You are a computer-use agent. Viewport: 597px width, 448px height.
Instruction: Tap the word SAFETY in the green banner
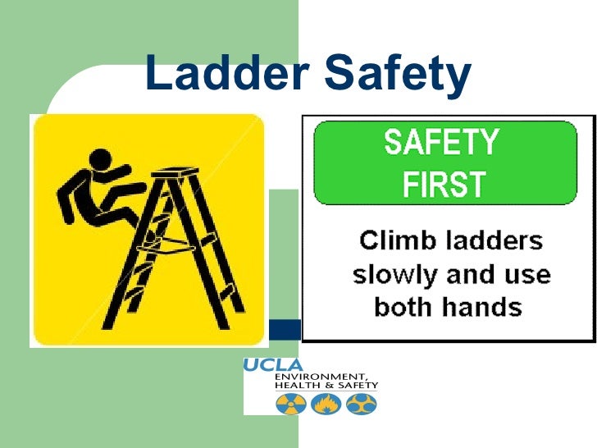(x=441, y=144)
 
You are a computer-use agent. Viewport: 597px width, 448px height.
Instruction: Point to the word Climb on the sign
(x=394, y=241)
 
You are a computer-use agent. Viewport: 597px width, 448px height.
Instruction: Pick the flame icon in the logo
(x=325, y=403)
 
